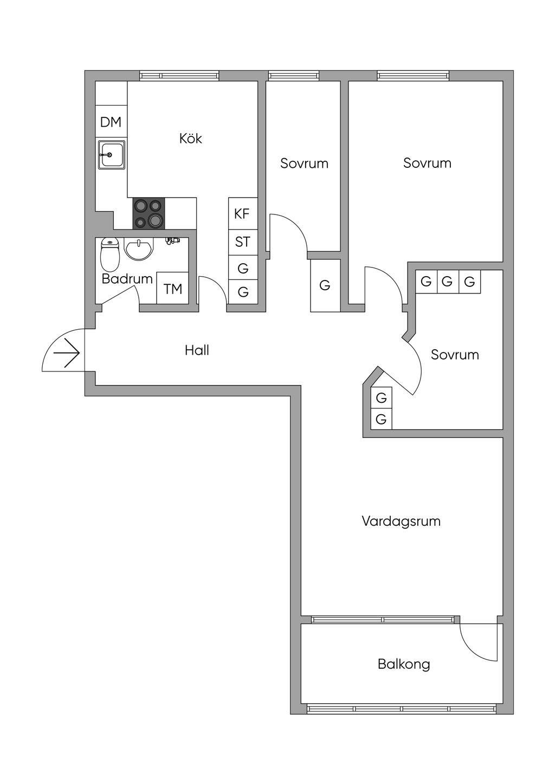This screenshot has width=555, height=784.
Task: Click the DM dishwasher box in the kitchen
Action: click(x=111, y=122)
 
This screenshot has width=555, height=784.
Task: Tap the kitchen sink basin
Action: click(x=111, y=154)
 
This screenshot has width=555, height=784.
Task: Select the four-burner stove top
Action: click(x=149, y=213)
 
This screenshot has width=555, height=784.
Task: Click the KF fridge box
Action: click(x=242, y=213)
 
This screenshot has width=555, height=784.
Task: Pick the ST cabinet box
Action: click(x=242, y=241)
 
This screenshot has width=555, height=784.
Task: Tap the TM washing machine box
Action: click(x=173, y=289)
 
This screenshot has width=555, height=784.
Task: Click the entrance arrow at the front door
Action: click(x=67, y=353)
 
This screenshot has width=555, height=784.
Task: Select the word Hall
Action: click(x=197, y=350)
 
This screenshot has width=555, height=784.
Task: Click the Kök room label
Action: click(x=191, y=139)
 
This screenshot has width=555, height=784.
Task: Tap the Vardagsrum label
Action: click(x=401, y=521)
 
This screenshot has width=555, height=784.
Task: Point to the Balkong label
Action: click(x=404, y=664)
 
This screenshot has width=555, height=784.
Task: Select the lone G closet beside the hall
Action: click(x=325, y=285)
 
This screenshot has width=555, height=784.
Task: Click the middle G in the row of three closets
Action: click(x=448, y=282)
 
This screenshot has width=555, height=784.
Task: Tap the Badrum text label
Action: click(x=127, y=279)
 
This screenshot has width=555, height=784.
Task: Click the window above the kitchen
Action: click(x=179, y=76)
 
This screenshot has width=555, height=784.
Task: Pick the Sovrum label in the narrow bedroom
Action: click(x=304, y=164)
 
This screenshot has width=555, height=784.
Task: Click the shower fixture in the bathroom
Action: click(x=172, y=240)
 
